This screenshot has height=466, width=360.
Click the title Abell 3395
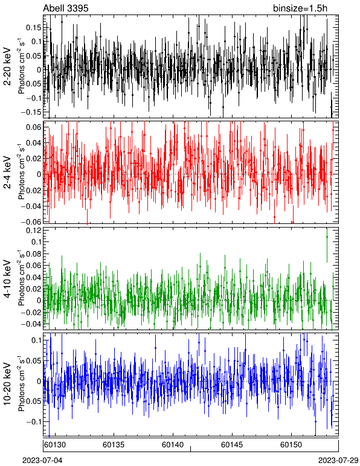[x=66, y=8]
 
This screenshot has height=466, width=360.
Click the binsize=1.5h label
[x=300, y=8]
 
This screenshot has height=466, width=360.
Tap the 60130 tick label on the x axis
[x=55, y=445]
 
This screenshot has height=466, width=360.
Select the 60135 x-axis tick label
[x=114, y=445]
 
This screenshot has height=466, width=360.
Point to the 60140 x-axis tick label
[x=173, y=445]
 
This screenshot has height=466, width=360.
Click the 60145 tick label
[x=232, y=445]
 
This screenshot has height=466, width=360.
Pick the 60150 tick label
[x=291, y=445]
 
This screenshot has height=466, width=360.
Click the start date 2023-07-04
[x=43, y=461]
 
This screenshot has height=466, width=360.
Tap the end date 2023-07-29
[x=338, y=461]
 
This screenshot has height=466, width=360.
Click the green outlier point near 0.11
[x=327, y=237]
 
